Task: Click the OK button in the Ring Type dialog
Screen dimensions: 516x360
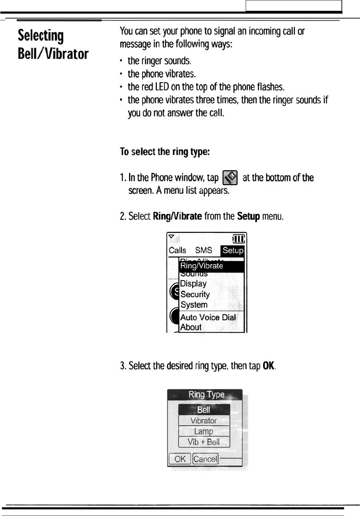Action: [x=180, y=459]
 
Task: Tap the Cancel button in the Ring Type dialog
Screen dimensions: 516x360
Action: [x=205, y=459]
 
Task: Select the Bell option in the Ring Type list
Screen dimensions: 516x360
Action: [x=204, y=409]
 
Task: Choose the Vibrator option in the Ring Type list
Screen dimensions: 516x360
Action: [x=204, y=421]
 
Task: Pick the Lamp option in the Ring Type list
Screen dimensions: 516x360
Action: [x=204, y=431]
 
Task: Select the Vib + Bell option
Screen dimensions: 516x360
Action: [x=204, y=442]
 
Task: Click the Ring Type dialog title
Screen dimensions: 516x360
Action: [x=206, y=394]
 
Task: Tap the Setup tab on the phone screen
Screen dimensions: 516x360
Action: [x=233, y=250]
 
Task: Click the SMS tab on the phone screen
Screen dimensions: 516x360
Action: [x=203, y=250]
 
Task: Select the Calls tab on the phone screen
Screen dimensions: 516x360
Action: [x=177, y=250]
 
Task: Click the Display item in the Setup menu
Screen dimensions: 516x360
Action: [x=193, y=284]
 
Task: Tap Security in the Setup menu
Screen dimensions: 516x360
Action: [x=195, y=295]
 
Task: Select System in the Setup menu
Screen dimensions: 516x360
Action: [x=194, y=305]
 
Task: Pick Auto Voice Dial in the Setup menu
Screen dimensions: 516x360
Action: [x=208, y=317]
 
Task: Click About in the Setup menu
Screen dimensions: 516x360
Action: [x=191, y=327]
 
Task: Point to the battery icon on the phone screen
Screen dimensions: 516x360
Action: [x=239, y=239]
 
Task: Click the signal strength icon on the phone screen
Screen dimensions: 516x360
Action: [x=173, y=238]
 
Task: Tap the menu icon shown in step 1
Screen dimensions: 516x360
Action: [x=230, y=178]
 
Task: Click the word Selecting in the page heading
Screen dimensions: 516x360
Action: [x=41, y=36]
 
